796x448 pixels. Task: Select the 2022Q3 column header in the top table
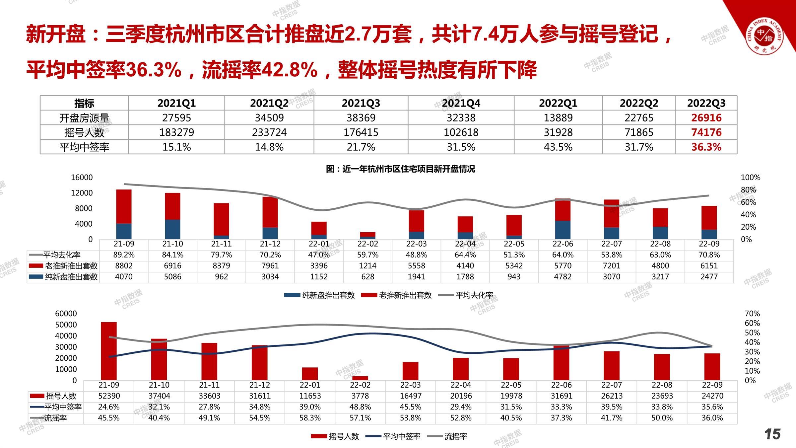point(706,103)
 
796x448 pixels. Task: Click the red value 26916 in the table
point(706,118)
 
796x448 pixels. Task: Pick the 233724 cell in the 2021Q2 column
point(269,132)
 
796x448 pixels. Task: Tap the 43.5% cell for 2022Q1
point(558,147)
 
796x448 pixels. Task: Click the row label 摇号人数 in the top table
point(84,132)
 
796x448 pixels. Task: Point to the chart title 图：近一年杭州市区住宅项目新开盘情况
point(400,169)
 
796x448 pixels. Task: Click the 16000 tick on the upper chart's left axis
point(82,178)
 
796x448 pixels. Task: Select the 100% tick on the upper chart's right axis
point(750,178)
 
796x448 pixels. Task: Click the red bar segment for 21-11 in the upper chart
point(221,219)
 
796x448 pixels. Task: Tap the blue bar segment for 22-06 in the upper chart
point(563,230)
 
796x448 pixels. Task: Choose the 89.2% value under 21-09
point(124,255)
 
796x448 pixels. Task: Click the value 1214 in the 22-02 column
point(367,266)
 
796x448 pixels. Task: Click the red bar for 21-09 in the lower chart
point(109,351)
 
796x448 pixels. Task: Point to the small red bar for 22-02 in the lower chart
point(360,378)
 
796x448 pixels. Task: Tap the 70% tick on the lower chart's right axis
point(752,314)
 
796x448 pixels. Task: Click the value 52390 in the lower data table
point(109,396)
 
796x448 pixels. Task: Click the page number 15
point(772,434)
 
